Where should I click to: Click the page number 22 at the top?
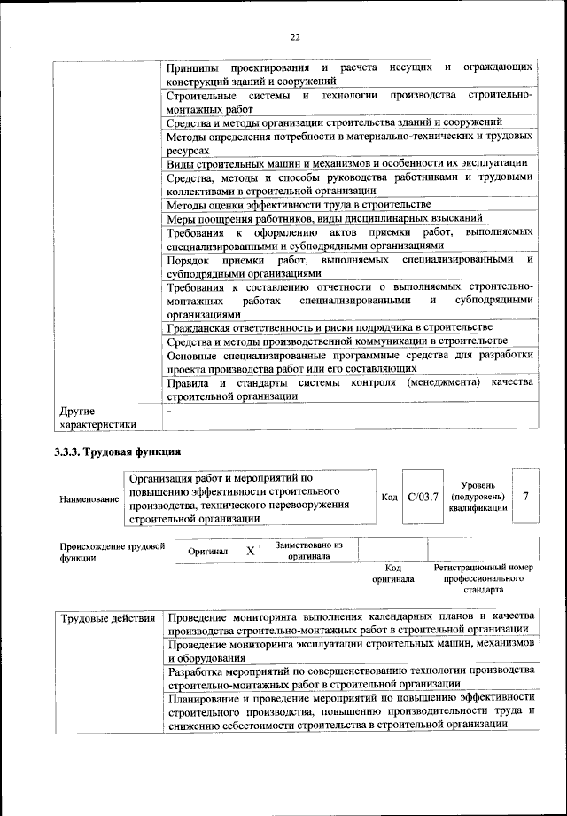click(295, 36)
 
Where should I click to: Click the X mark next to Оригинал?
click(251, 551)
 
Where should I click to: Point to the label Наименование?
click(89, 499)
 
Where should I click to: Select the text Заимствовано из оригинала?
click(309, 551)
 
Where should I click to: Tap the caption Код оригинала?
click(393, 572)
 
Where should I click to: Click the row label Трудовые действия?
click(107, 616)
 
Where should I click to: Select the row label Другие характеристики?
click(97, 417)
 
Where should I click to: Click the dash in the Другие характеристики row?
click(169, 411)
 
